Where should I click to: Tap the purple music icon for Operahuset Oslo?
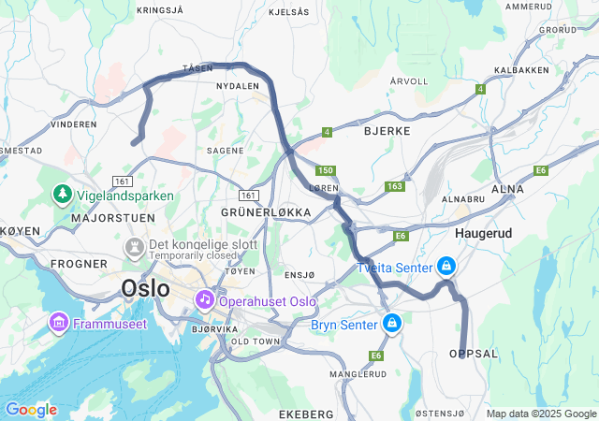tap(204, 299)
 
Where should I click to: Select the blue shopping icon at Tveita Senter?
tap(446, 267)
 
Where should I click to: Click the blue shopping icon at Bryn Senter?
tap(392, 324)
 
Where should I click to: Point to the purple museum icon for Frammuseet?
tap(58, 323)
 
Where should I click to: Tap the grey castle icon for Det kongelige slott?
tap(134, 247)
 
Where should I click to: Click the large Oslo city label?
tap(146, 288)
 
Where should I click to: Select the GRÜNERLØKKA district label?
tap(266, 212)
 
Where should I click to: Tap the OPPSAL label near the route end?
tap(474, 354)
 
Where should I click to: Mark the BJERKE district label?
tap(387, 131)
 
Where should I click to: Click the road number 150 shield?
tap(325, 170)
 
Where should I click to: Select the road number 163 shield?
tap(393, 186)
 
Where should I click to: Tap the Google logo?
tap(31, 410)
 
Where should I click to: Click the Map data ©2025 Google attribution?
tap(541, 414)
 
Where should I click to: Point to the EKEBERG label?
tap(306, 414)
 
